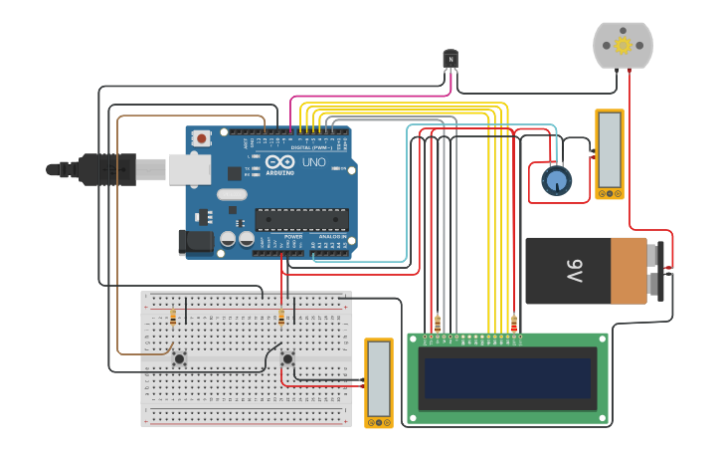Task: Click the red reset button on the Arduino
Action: [202, 138]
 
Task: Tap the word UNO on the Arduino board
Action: [313, 162]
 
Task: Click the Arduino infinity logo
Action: [279, 162]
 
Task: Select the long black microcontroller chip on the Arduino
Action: [301, 219]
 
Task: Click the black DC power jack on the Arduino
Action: [195, 241]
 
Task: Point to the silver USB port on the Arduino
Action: [189, 169]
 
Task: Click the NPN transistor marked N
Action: [451, 60]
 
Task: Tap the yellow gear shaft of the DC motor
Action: [624, 45]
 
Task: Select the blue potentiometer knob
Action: [556, 180]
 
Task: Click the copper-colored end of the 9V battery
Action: [630, 270]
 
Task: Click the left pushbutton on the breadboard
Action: [179, 358]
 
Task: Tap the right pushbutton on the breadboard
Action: [287, 358]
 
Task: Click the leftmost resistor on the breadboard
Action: [173, 318]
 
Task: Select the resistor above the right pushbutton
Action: [281, 318]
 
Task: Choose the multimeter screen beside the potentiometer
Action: [609, 149]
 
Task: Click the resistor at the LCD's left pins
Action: [438, 324]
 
